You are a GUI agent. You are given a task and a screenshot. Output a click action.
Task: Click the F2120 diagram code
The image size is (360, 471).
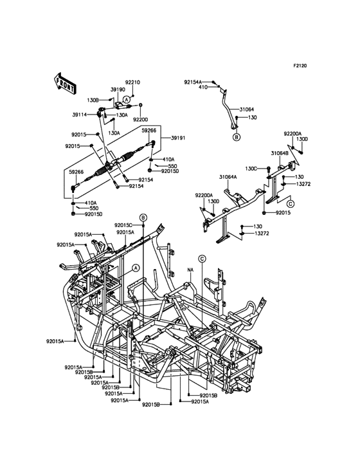pos(300,66)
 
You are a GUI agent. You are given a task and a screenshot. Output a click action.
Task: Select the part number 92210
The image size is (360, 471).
pos(132,82)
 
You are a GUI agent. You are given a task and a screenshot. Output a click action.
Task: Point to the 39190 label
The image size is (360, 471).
pos(118,89)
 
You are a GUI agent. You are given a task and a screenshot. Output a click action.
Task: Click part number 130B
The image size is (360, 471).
pos(93,100)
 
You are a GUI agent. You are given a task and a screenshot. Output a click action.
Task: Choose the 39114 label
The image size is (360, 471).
pos(80,114)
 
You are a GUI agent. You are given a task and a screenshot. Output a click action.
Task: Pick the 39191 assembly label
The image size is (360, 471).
pos(178,138)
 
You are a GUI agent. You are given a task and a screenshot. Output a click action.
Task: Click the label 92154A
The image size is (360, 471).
pos(193,82)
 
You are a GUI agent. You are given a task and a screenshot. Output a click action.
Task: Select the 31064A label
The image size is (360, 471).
pos(228,177)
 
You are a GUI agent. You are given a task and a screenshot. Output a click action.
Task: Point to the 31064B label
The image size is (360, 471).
pos(280,153)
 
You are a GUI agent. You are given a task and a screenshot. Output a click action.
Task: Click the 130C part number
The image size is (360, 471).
pos(251,169)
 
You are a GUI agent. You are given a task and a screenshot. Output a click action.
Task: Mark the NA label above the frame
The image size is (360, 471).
pos(190,270)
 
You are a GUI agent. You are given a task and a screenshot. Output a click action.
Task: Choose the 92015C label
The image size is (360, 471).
pos(123,225)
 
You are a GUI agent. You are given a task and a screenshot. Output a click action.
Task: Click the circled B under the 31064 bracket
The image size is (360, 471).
pos(237,138)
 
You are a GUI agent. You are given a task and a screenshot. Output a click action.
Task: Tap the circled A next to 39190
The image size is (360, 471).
pos(127,99)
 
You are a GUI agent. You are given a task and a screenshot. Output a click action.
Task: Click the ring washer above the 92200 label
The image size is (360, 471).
pos(141,105)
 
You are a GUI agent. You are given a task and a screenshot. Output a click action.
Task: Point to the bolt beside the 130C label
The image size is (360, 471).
pos(269,169)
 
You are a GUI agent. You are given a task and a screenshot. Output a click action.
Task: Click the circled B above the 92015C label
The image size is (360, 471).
pos(143,217)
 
